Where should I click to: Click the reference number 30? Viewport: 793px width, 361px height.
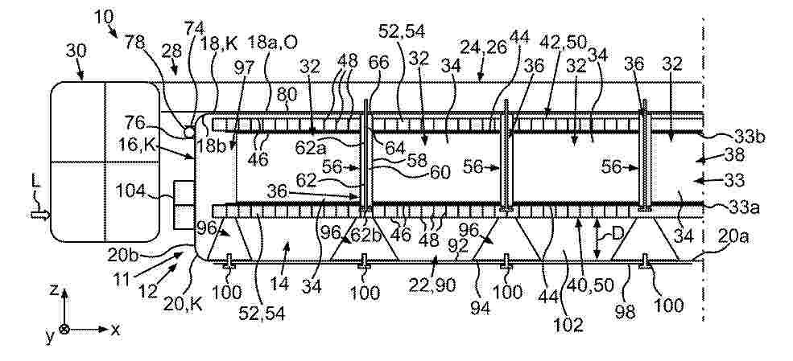pyautogui.click(x=76, y=51)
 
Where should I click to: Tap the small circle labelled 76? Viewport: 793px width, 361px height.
pyautogui.click(x=188, y=132)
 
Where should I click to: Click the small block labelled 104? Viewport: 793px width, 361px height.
pyautogui.click(x=184, y=204)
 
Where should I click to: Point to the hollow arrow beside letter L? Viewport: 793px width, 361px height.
pyautogui.click(x=40, y=215)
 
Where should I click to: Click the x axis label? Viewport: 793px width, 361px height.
pyautogui.click(x=116, y=330)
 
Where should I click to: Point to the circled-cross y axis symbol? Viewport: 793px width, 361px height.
pyautogui.click(x=64, y=329)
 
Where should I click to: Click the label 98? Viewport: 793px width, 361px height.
pyautogui.click(x=625, y=312)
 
